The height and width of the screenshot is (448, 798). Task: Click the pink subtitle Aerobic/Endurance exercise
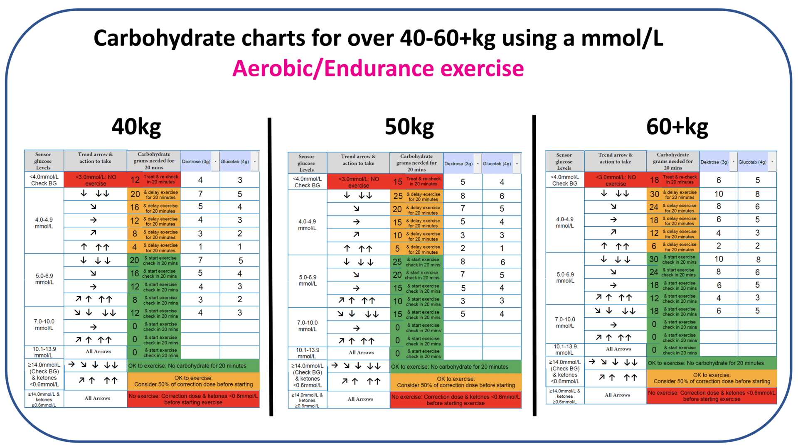tap(378, 69)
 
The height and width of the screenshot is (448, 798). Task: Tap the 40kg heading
tap(136, 127)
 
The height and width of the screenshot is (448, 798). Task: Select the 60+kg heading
tap(677, 127)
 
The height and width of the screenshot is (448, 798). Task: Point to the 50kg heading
tap(409, 127)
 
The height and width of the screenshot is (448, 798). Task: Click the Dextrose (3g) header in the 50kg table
tap(458, 164)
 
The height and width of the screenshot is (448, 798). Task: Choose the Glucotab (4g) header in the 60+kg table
tap(752, 162)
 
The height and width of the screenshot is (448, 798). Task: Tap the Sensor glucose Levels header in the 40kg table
tap(43, 161)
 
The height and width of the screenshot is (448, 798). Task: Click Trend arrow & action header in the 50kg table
tap(358, 160)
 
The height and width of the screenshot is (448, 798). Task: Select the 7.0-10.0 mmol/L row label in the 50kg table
tap(308, 326)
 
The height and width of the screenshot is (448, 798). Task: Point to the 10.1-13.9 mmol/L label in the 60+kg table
tap(565, 350)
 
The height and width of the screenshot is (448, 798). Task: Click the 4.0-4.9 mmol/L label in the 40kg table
tap(44, 223)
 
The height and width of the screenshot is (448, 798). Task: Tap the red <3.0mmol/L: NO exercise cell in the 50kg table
tap(358, 182)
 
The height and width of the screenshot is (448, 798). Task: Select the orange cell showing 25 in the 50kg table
tap(416, 196)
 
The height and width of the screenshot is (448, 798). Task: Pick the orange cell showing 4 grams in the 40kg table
tap(153, 247)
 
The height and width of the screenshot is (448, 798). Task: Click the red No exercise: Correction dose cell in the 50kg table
tap(456, 400)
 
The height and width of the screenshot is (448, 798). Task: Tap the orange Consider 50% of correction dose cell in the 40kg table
tap(193, 381)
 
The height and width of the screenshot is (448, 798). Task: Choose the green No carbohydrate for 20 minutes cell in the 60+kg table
tap(711, 363)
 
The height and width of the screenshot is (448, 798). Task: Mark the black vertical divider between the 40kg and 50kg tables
tap(271, 266)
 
